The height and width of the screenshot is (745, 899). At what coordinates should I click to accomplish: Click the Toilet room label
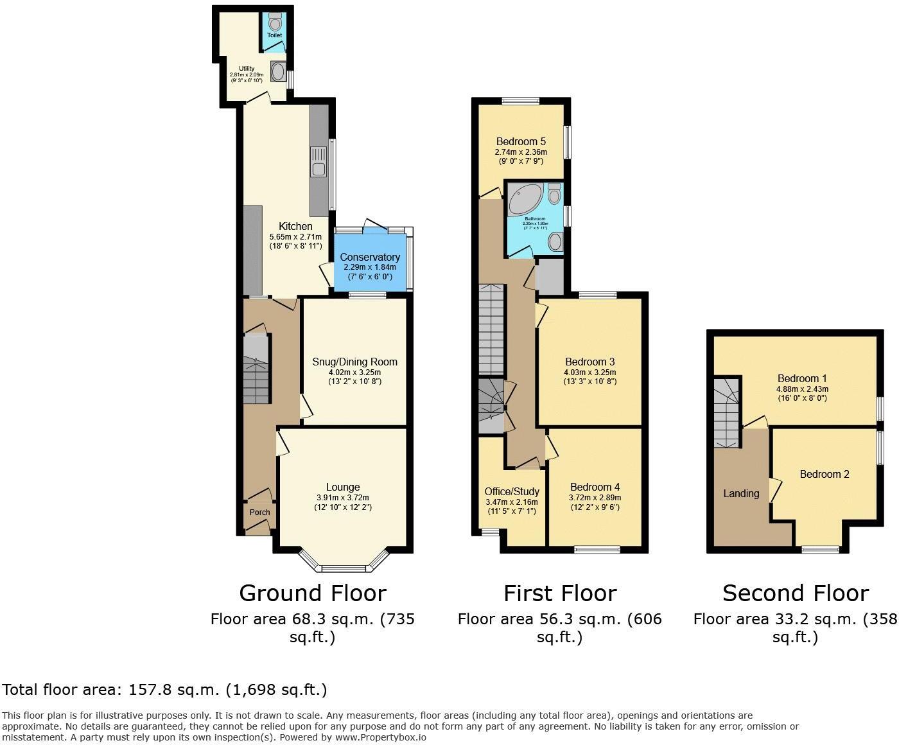click(274, 35)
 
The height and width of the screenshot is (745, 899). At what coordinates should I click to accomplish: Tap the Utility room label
click(247, 69)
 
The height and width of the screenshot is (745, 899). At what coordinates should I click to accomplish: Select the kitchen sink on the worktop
click(319, 162)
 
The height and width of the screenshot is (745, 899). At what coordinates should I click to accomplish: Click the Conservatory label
click(370, 257)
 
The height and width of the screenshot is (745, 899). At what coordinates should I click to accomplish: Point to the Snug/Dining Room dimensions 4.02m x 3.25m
click(354, 372)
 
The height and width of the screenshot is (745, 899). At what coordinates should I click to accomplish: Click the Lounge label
click(343, 487)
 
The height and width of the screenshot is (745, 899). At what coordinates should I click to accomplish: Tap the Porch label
click(259, 512)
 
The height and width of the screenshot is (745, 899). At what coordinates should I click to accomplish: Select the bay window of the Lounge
click(344, 567)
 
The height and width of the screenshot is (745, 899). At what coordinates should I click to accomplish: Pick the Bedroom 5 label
click(521, 141)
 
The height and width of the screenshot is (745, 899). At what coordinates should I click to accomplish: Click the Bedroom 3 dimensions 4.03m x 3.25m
click(589, 372)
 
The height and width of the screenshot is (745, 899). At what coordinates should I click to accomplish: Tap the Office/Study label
click(512, 492)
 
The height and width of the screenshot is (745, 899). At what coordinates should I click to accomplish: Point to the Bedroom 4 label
click(595, 487)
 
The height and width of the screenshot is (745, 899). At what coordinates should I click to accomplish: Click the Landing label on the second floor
click(741, 493)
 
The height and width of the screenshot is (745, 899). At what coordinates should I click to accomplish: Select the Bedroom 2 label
click(825, 474)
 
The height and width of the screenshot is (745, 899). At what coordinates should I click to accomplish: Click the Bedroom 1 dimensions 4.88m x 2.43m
click(802, 389)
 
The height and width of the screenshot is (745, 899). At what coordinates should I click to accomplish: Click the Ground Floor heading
click(313, 592)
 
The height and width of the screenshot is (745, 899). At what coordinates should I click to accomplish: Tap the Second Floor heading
click(795, 592)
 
